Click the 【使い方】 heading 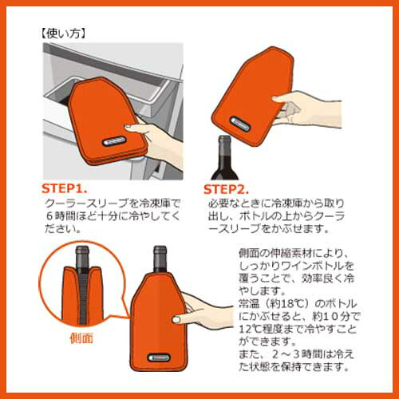[x=63, y=34]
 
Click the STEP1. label [x=65, y=188]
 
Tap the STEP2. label [x=226, y=189]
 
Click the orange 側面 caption [x=81, y=338]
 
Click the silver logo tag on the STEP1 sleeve [x=114, y=140]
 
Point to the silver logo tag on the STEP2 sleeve [x=239, y=124]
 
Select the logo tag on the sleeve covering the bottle [x=159, y=358]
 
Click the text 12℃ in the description [x=250, y=329]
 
